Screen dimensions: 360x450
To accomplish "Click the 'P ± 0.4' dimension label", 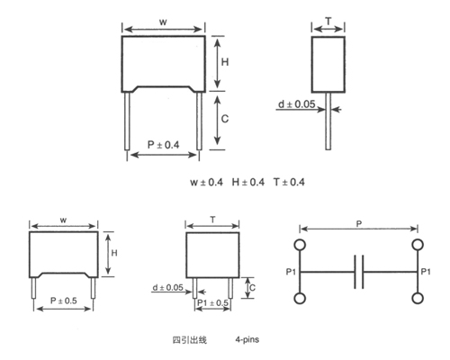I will click(x=164, y=145).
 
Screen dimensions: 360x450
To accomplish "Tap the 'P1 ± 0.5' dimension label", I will click(x=213, y=302).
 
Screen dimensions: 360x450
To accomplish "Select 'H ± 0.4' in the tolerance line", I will click(x=249, y=183).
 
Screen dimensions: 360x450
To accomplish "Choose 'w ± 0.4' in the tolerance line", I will click(x=207, y=183).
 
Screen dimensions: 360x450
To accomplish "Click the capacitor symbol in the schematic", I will click(x=358, y=271).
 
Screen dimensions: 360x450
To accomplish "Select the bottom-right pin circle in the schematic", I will click(x=417, y=298).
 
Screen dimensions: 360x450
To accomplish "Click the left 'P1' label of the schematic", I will click(x=289, y=272).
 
